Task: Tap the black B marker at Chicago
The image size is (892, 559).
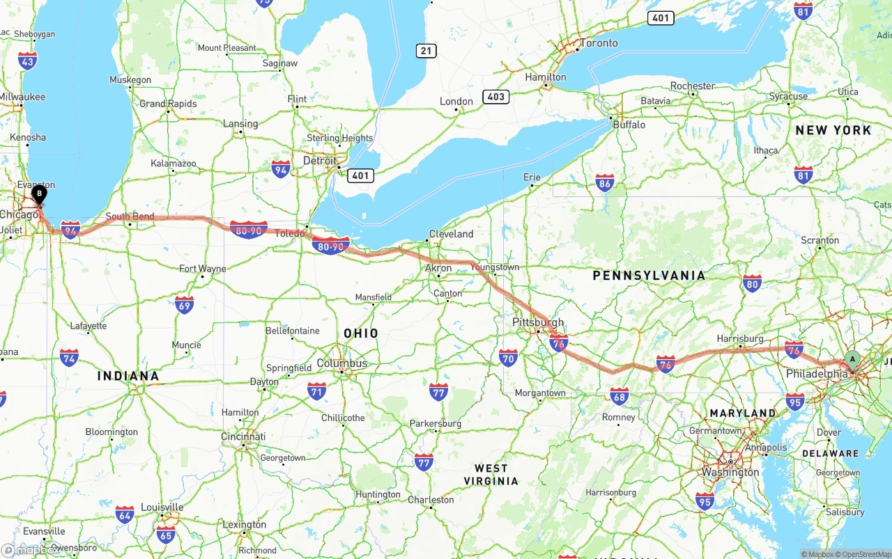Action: pyautogui.click(x=40, y=194)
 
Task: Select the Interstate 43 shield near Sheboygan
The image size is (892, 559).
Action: pyautogui.click(x=28, y=61)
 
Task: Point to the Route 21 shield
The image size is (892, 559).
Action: pyautogui.click(x=426, y=50)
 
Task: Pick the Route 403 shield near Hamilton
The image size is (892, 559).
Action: pyautogui.click(x=496, y=96)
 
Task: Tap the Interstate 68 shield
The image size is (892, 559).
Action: pyautogui.click(x=619, y=396)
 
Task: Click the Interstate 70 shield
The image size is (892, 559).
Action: pyautogui.click(x=508, y=359)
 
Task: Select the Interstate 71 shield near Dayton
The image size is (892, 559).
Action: pyautogui.click(x=316, y=391)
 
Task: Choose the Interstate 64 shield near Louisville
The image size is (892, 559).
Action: pyautogui.click(x=125, y=515)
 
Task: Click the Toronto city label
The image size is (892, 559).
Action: pyautogui.click(x=599, y=43)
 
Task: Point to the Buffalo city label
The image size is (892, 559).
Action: pyautogui.click(x=629, y=125)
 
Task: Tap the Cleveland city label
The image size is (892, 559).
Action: pyautogui.click(x=451, y=234)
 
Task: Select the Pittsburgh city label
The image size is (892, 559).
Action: pyautogui.click(x=538, y=322)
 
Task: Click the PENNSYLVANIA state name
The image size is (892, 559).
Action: pyautogui.click(x=649, y=276)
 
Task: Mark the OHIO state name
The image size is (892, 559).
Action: pyautogui.click(x=361, y=333)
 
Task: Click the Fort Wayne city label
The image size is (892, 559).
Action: pyautogui.click(x=203, y=269)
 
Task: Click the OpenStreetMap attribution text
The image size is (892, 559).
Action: pyautogui.click(x=866, y=554)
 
